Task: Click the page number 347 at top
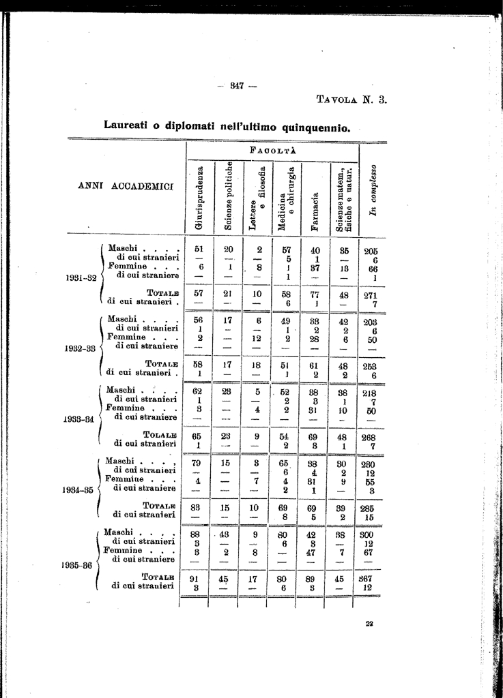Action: pos(238,85)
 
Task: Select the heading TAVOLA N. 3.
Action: pos(352,100)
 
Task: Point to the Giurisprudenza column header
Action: pos(199,198)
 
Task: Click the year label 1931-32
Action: pos(81,278)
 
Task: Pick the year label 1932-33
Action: pos(81,348)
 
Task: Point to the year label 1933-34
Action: pos(81,419)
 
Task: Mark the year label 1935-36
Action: pos(80,564)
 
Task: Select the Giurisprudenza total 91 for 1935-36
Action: pos(194,578)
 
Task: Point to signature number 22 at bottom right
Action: pos(369,624)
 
